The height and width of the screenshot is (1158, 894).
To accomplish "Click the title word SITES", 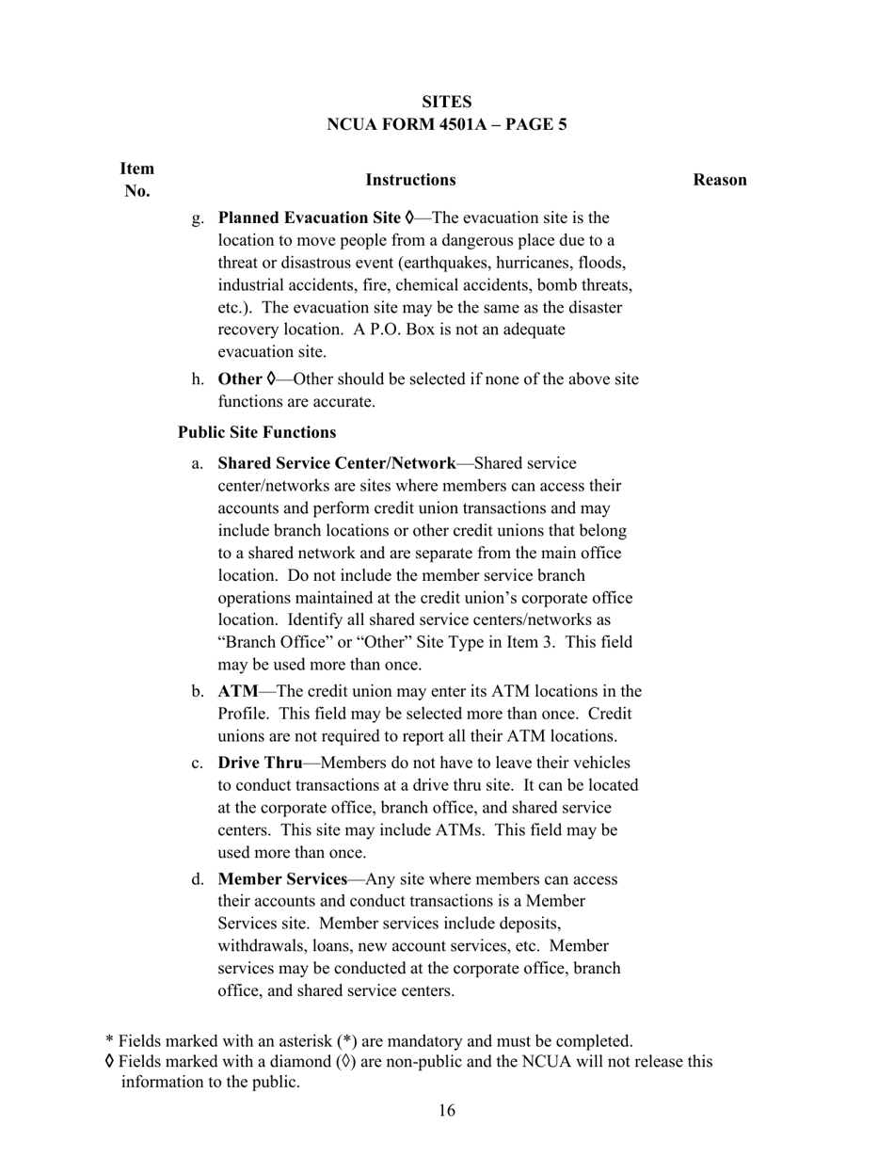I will [x=446, y=102].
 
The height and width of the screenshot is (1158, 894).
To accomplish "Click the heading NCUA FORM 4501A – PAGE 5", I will [x=446, y=124].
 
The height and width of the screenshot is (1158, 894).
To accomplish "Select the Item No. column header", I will [x=136, y=180].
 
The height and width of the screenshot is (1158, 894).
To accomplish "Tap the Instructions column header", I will [x=410, y=180].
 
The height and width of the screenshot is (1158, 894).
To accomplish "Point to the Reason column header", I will [x=720, y=180].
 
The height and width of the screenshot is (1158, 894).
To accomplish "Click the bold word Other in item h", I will [x=239, y=379].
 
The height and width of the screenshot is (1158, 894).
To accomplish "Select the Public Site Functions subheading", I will [x=257, y=433].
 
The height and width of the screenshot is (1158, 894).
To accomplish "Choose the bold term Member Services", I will [x=282, y=879].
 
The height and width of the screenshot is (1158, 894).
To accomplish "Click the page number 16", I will [x=446, y=1111].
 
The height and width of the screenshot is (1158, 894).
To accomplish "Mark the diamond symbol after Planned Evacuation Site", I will [x=409, y=217].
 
